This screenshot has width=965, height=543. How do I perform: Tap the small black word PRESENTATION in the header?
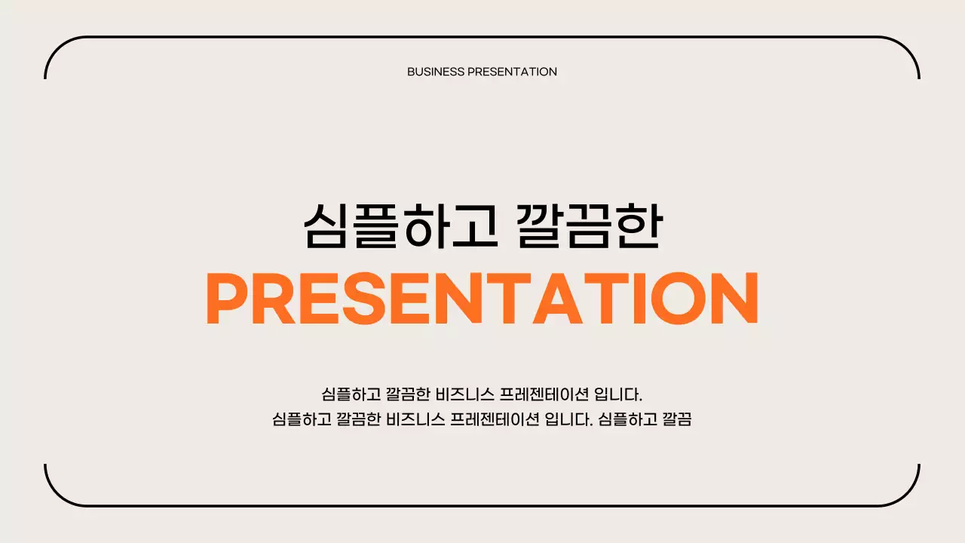[x=512, y=72]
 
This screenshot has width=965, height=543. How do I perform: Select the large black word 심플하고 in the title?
[x=400, y=225]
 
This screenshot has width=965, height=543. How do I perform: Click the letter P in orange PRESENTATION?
[x=226, y=299]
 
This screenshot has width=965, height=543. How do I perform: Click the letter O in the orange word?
[x=679, y=299]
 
